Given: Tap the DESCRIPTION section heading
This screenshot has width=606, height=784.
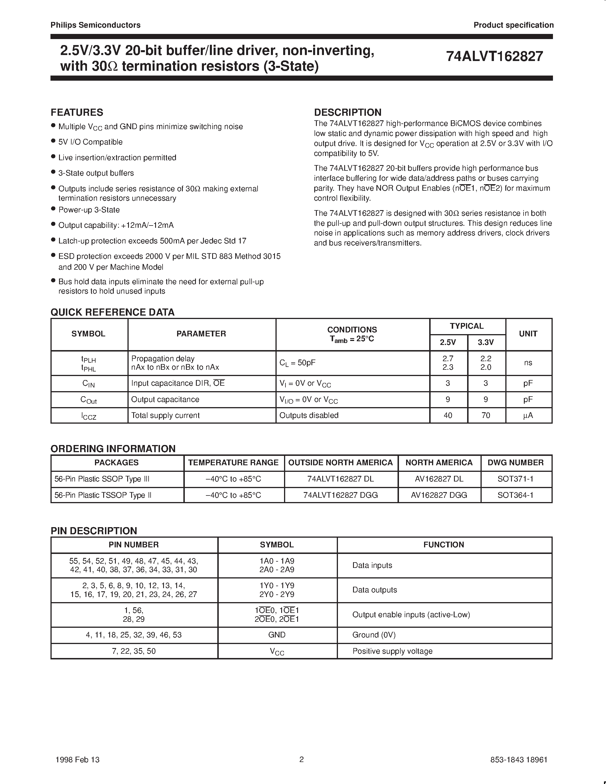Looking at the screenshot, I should tap(348, 112).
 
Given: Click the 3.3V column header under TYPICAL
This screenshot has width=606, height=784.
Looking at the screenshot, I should tap(486, 342).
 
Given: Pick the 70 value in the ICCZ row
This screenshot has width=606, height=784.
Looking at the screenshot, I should tap(486, 415).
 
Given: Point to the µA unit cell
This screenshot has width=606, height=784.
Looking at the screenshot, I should tap(528, 415).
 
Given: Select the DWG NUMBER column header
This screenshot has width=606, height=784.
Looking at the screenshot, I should tap(516, 463).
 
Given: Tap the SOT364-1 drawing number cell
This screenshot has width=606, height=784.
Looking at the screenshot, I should tap(516, 495).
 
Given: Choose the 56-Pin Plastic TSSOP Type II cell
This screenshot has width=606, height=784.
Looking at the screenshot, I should tap(103, 495).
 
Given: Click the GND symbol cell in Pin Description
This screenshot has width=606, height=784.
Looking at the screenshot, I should tap(277, 635).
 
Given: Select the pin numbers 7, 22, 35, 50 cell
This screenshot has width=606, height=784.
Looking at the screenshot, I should tap(134, 651).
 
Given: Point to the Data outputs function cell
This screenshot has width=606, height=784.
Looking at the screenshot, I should tap(374, 590).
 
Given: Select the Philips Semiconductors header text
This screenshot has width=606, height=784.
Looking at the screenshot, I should tap(96, 25).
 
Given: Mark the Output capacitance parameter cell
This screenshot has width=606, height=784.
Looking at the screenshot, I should tap(165, 399).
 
